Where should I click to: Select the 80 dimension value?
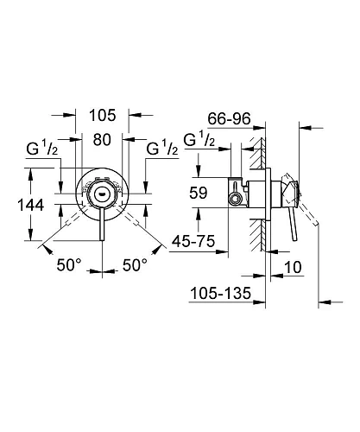coord(103,138)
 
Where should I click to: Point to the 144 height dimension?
coord(18,206)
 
